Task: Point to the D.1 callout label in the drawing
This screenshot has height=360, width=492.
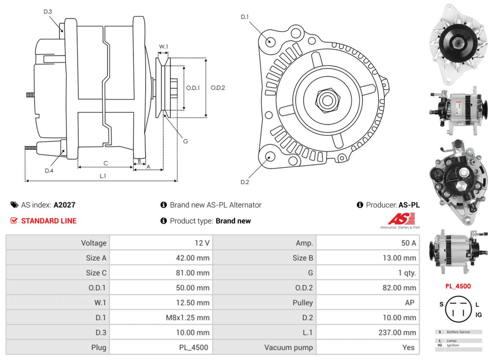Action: click(245, 17)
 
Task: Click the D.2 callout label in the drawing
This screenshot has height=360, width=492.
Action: click(245, 182)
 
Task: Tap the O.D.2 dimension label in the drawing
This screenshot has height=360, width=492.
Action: click(217, 88)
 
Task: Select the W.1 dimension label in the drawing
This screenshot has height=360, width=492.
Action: click(163, 47)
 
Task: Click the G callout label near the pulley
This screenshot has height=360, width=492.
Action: click(185, 141)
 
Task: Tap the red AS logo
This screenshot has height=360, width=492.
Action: click(401, 219)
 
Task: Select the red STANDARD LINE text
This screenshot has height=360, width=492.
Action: click(49, 221)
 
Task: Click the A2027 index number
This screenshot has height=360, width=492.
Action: click(64, 205)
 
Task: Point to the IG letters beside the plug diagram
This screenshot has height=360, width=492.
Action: click(479, 314)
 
